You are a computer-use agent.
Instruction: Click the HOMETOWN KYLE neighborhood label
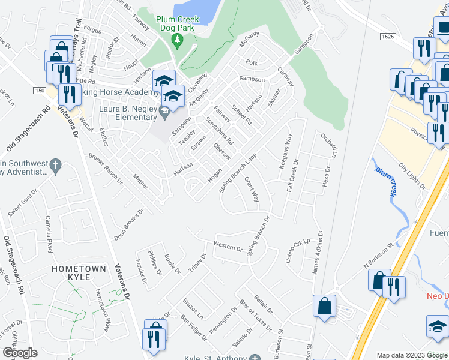(79, 272)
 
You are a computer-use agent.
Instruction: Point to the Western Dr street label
(228, 245)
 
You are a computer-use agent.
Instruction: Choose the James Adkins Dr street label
(318, 254)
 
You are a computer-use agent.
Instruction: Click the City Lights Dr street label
(412, 176)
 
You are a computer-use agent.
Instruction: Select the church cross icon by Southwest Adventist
(55, 164)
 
